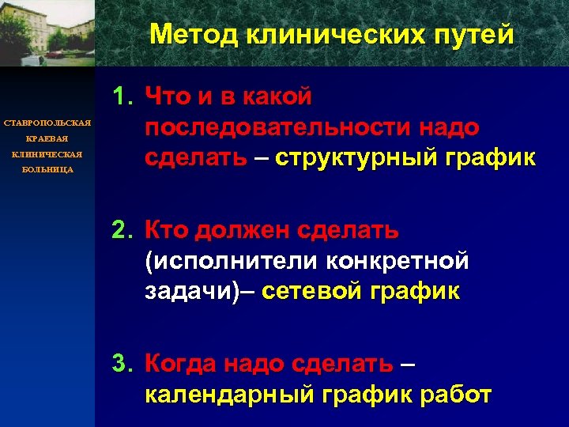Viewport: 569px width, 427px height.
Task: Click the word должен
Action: click(x=242, y=231)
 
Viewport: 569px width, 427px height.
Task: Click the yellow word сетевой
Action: click(x=313, y=291)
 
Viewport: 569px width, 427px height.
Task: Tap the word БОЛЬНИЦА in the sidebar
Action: click(x=47, y=170)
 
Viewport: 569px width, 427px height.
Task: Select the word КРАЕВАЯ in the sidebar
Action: click(x=47, y=138)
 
